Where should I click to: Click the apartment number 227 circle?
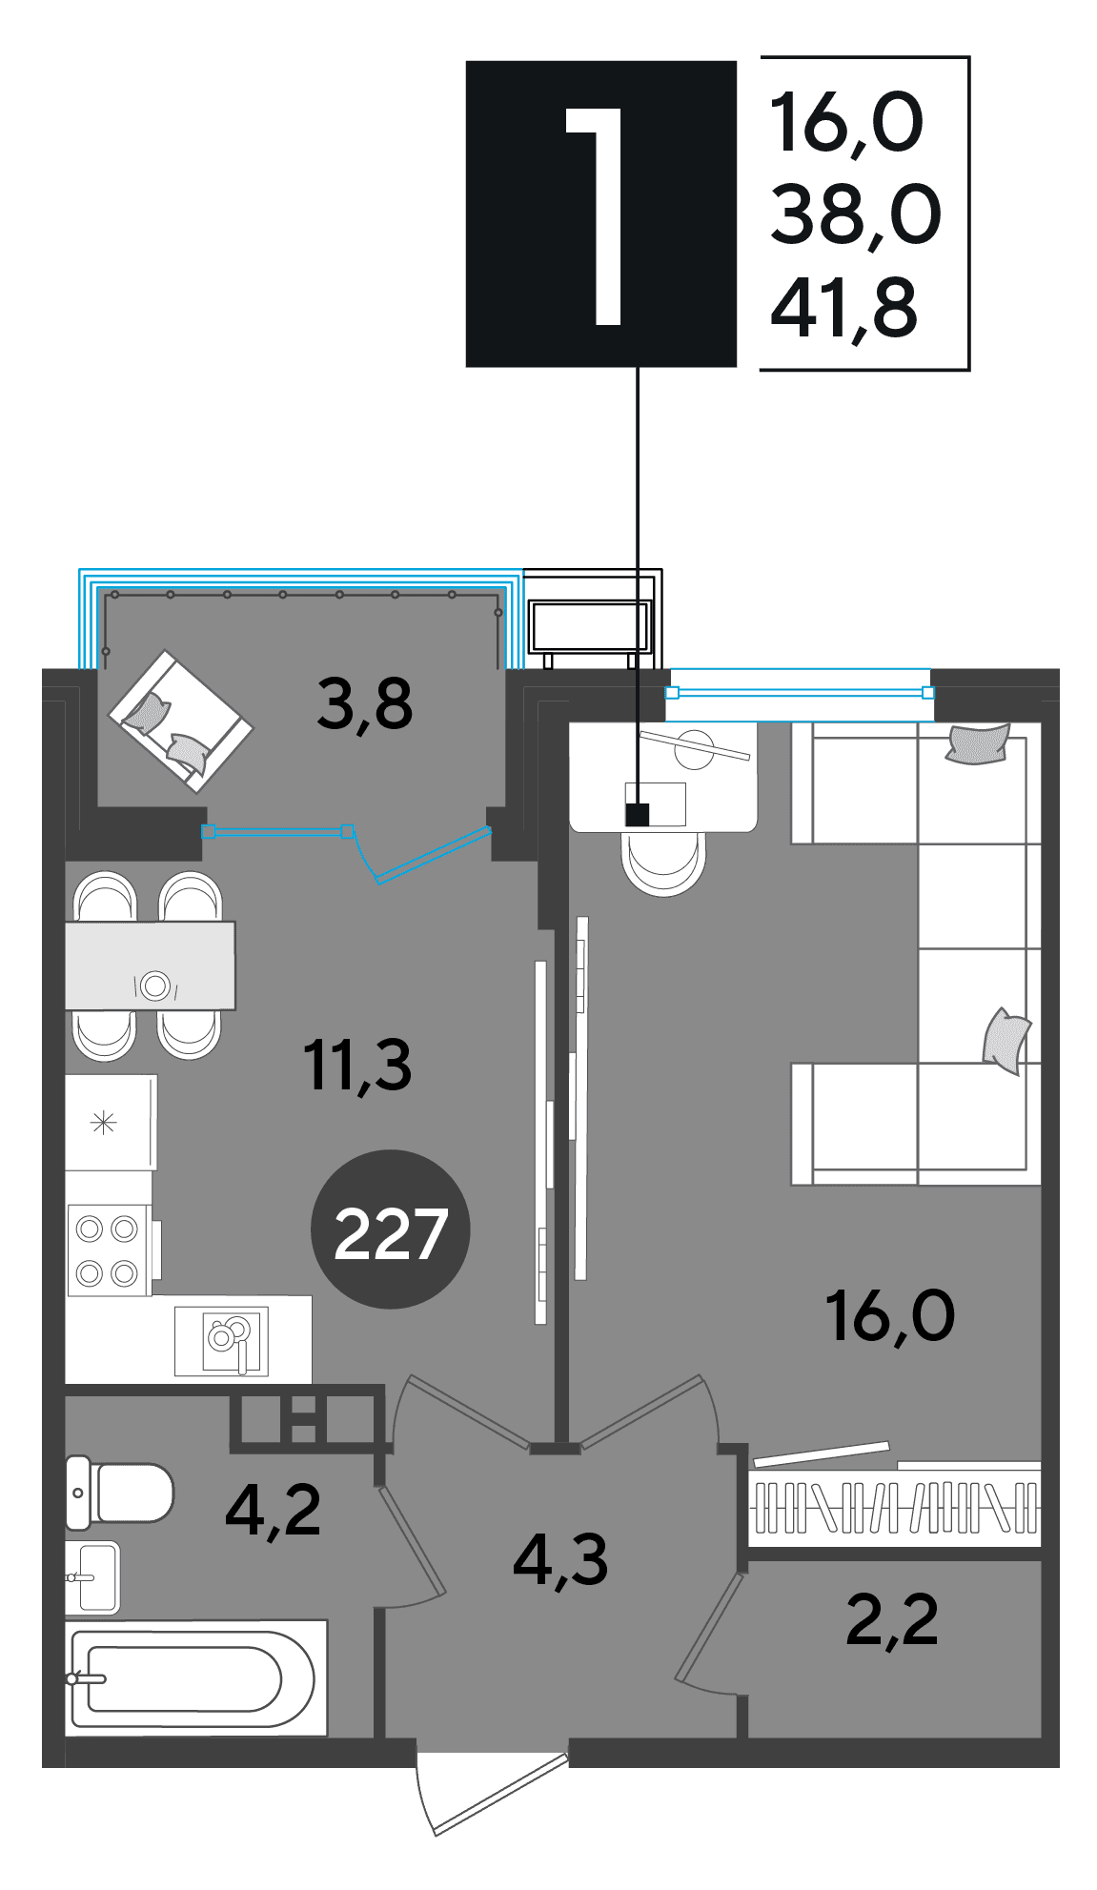(x=391, y=1230)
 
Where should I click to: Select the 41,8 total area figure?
(x=844, y=309)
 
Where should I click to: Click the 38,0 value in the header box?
(x=855, y=214)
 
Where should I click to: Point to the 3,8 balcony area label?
(x=365, y=704)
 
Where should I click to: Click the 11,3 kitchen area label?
(x=357, y=1065)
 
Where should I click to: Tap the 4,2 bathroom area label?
(x=274, y=1510)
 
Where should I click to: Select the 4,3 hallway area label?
(x=560, y=1559)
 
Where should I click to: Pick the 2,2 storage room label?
(x=892, y=1619)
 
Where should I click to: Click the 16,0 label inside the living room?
(x=890, y=1316)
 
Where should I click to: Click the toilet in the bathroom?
(x=119, y=1493)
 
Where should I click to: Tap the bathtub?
(x=196, y=1677)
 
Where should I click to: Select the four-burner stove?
(x=109, y=1250)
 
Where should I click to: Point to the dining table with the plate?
(x=151, y=965)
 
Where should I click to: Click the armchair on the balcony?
(x=181, y=721)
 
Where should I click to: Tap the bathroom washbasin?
(x=92, y=1577)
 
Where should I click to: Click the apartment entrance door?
(x=492, y=1788)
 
